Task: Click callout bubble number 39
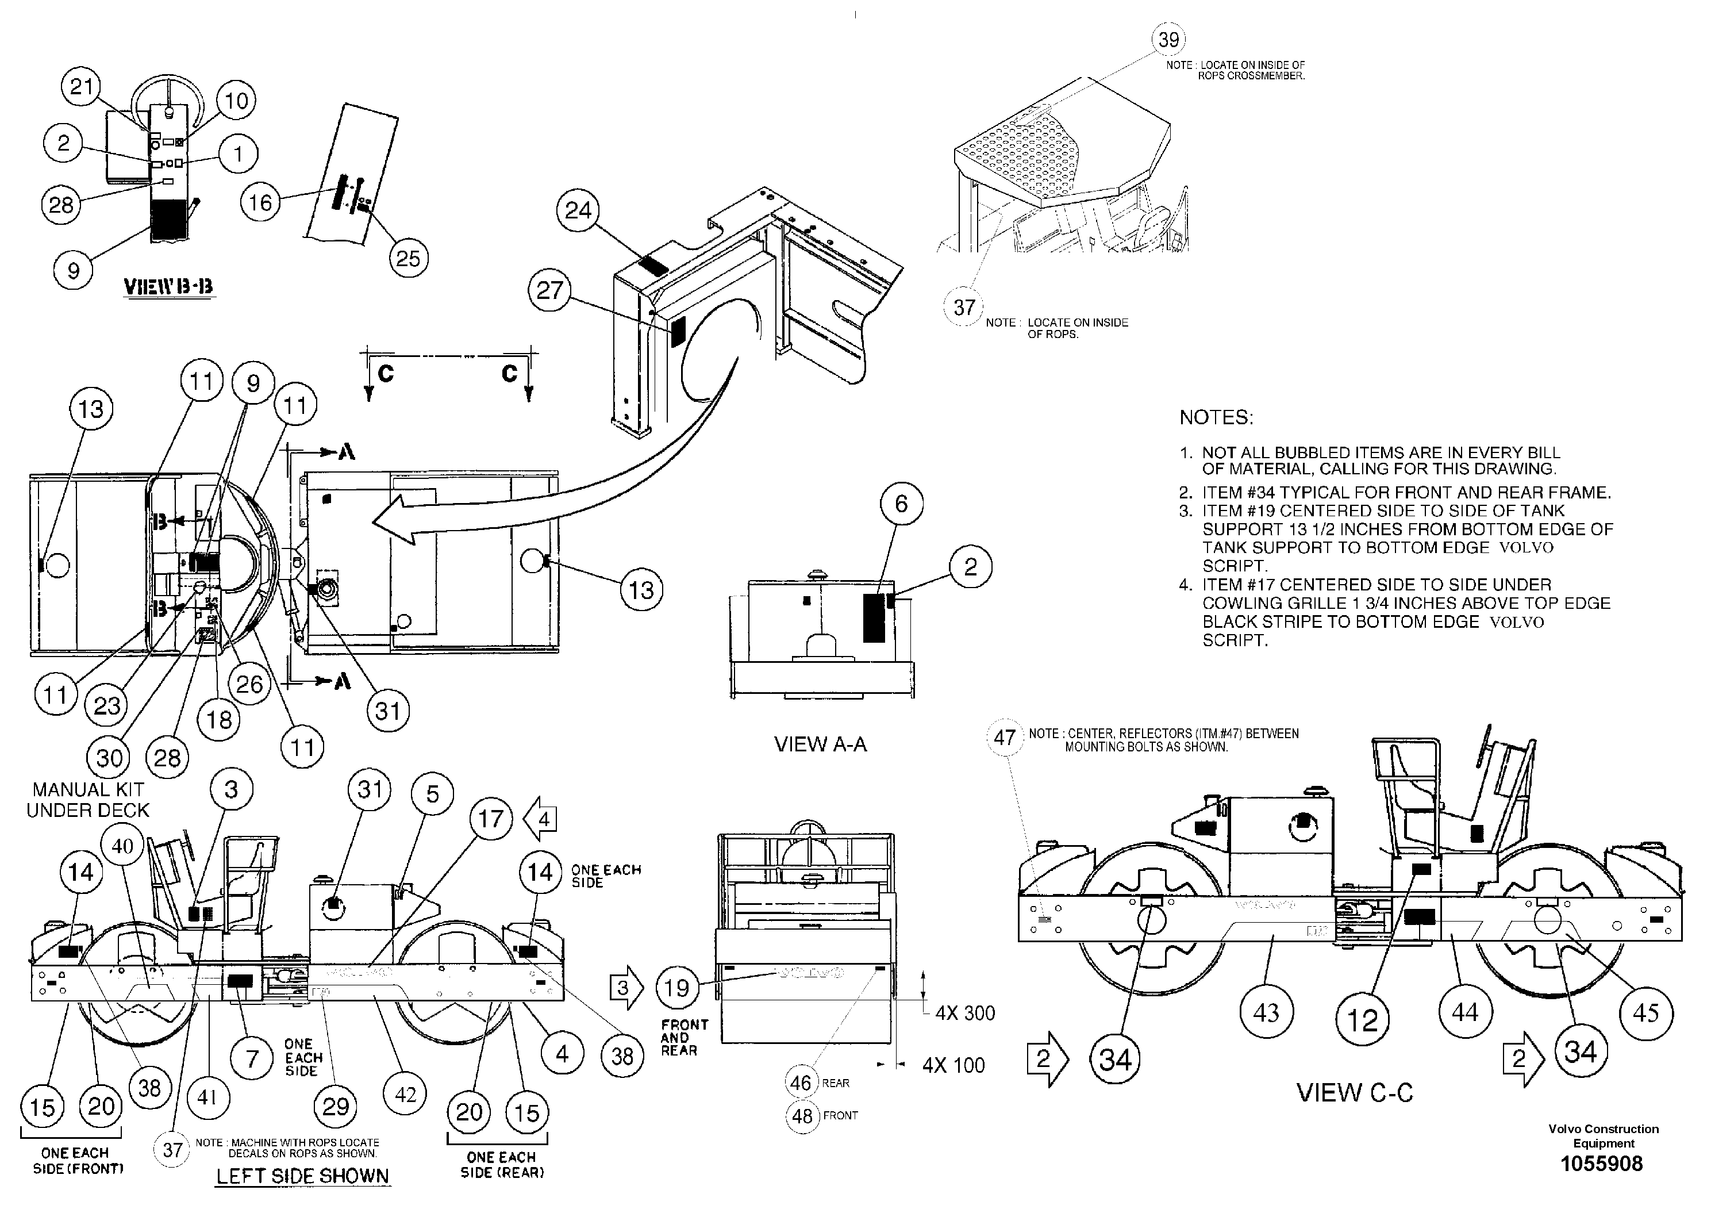[x=1168, y=40]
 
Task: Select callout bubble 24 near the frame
[x=578, y=210]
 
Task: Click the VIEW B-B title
[x=168, y=286]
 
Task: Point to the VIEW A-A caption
[x=821, y=744]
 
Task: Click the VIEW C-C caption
[x=1354, y=1093]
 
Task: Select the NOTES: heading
[x=1216, y=417]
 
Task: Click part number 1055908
[x=1602, y=1164]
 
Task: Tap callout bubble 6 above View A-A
[x=901, y=504]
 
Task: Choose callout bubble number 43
[x=1266, y=1012]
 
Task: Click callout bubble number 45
[x=1646, y=1012]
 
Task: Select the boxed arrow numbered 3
[x=625, y=988]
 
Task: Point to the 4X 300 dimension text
[x=965, y=1013]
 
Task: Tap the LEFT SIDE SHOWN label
[x=302, y=1176]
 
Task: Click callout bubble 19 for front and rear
[x=676, y=988]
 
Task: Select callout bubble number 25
[x=409, y=259]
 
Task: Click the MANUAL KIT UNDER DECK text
[x=88, y=800]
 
